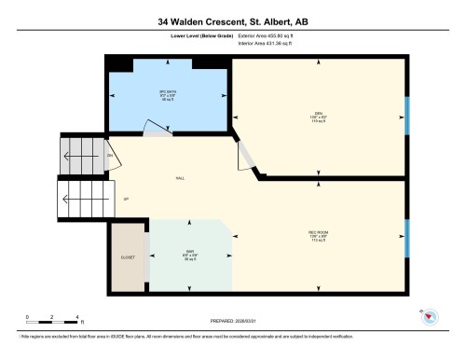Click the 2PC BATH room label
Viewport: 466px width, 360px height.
(168, 95)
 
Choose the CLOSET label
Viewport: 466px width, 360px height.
(128, 256)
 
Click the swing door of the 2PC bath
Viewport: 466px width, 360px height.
(154, 131)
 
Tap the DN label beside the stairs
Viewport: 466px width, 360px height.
(110, 155)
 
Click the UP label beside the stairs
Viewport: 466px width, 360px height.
(126, 199)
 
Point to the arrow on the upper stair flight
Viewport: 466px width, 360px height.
(84, 155)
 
